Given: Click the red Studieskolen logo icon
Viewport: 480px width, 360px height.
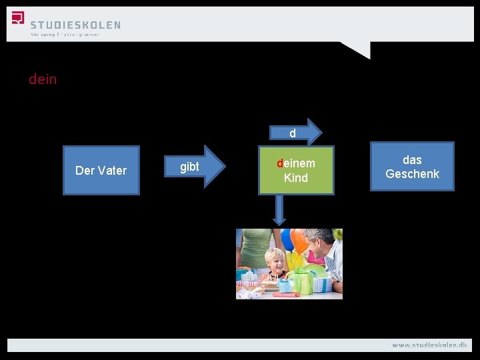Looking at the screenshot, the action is pos(18,18).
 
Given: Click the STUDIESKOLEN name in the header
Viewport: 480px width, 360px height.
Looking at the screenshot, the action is pos(75,25).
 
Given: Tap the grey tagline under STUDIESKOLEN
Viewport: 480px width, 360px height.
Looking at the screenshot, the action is pos(65,35).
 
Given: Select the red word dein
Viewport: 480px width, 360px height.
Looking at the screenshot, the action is pos(43,79).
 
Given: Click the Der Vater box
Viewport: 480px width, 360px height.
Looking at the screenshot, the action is pos(101,171).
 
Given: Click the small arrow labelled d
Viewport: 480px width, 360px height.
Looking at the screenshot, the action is pos(295,133).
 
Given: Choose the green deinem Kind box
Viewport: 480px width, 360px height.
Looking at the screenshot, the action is pos(296,171).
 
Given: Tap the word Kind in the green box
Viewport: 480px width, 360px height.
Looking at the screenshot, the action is pos(296,178).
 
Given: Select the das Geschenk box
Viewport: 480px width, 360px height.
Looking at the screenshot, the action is pos(412,167).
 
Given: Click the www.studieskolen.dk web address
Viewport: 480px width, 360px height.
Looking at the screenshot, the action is pos(429,345).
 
